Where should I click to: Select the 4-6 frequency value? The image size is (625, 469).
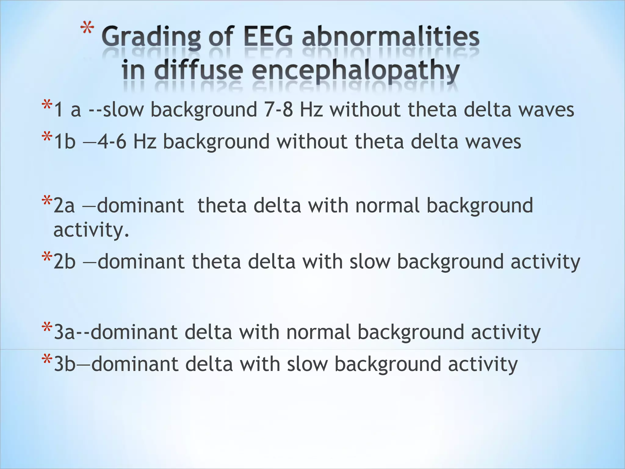112,142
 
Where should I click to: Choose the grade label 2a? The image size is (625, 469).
64,205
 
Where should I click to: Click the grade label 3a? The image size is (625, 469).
64,332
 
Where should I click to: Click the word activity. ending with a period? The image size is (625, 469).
91,230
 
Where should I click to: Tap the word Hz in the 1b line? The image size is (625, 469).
145,142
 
